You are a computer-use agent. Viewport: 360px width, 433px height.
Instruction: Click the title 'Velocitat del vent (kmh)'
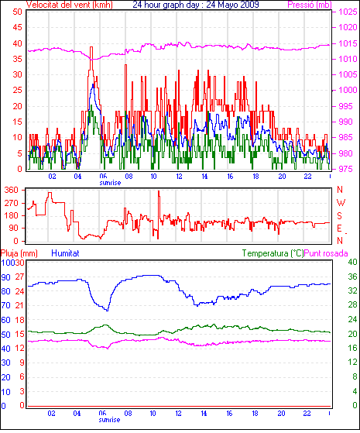(x=70, y=5)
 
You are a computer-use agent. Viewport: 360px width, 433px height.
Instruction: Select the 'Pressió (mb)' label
(x=310, y=5)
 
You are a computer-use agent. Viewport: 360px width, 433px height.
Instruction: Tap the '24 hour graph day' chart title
(x=166, y=5)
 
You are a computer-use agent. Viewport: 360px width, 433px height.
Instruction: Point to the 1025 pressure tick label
(x=348, y=12)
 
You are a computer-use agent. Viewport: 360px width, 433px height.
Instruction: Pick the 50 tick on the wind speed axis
(x=17, y=12)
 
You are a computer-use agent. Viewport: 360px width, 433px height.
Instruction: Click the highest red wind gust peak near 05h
(x=91, y=47)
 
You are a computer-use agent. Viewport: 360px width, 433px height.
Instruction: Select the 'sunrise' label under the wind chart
(x=110, y=183)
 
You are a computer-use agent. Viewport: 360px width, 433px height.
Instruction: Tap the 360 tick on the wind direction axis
(x=12, y=190)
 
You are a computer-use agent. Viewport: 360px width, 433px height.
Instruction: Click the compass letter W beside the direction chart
(x=341, y=203)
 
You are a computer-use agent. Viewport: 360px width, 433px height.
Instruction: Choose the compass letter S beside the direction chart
(x=340, y=215)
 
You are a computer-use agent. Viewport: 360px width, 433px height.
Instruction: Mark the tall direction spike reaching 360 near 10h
(x=159, y=191)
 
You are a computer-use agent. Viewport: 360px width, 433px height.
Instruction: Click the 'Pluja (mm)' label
(x=19, y=253)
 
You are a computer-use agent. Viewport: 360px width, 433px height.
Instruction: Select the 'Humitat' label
(x=66, y=253)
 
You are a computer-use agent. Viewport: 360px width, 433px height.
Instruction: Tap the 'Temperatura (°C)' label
(x=273, y=253)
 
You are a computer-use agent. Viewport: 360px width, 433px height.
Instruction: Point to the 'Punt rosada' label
(x=326, y=253)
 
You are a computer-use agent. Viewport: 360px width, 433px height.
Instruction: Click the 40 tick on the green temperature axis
(x=352, y=262)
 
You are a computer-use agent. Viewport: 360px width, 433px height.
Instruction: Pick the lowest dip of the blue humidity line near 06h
(x=108, y=311)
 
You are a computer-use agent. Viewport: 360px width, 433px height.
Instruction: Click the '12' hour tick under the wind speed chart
(x=179, y=176)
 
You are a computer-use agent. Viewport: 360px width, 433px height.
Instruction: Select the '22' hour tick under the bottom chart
(x=307, y=414)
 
